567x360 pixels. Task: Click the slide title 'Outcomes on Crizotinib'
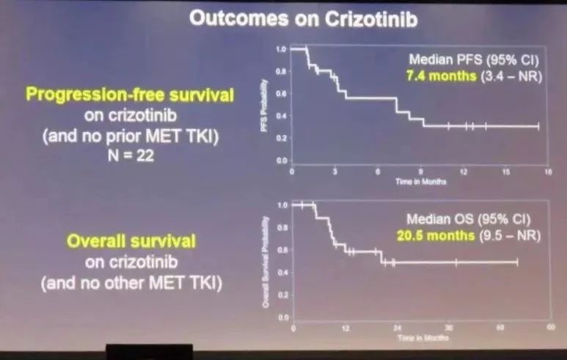coord(303,19)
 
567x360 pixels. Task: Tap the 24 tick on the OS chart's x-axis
coord(397,328)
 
